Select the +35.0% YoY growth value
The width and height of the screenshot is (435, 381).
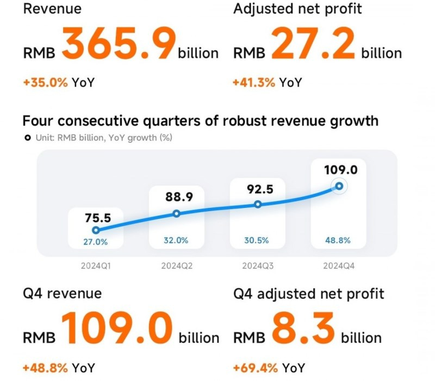tap(46, 83)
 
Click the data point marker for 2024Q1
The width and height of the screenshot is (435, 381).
tap(96, 230)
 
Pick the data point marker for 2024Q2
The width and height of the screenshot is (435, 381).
tap(176, 214)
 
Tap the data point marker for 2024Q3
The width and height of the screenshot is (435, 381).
tap(258, 205)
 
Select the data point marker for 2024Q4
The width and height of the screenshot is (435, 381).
tap(339, 186)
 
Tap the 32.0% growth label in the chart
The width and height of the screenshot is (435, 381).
tap(176, 240)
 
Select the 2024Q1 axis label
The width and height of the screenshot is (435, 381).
tap(96, 266)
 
